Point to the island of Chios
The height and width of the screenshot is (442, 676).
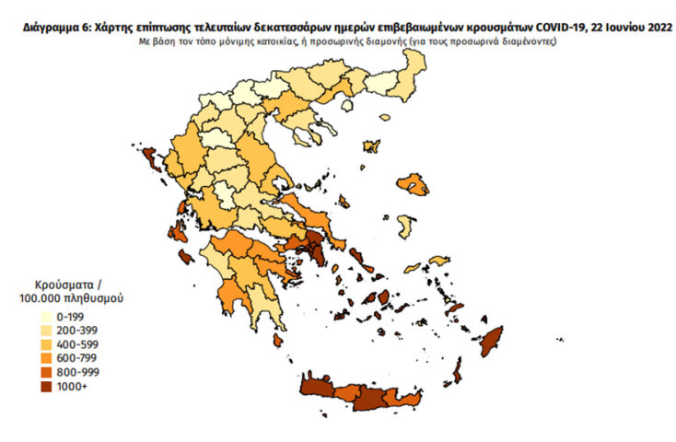402,227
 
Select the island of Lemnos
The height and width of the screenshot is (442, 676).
372,146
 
